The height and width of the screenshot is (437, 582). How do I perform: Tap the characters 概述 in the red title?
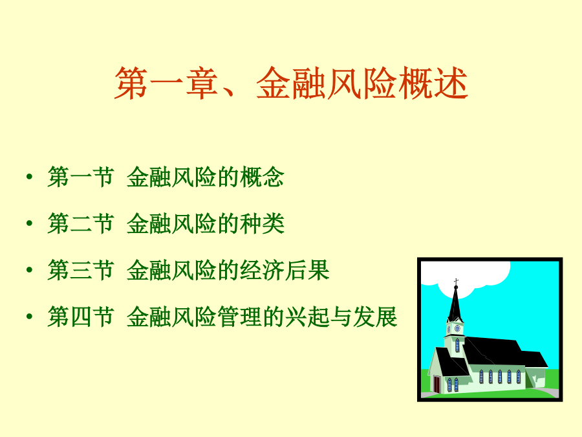433,84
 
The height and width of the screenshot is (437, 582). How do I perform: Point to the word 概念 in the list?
262,177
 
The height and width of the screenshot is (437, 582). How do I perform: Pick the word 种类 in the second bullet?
262,223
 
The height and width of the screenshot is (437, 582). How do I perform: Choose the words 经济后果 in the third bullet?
285,270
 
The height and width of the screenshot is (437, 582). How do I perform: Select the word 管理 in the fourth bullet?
239,317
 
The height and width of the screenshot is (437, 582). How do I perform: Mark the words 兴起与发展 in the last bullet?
341,317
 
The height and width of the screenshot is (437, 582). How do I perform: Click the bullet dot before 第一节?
30,177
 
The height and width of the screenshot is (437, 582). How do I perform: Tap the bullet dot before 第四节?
30,316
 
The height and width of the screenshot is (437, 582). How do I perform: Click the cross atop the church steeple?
456,282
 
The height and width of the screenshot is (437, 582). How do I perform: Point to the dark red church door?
437,384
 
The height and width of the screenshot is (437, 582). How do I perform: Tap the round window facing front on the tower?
458,328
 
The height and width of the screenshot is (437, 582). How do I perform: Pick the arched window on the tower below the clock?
457,345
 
